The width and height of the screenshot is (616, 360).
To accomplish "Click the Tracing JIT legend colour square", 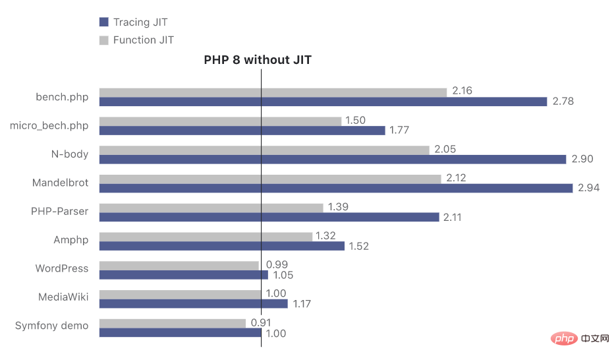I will point(103,22).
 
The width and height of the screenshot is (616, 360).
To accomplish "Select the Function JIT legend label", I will point(144,40).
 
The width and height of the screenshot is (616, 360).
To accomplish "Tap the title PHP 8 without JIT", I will point(258,60).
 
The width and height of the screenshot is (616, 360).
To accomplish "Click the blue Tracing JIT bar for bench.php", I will point(323,102).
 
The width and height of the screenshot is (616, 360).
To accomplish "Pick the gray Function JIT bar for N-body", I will point(264,150).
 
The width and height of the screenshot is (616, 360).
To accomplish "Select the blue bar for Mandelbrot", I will point(336,189).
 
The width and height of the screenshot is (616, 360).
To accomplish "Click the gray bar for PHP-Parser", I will point(211,208).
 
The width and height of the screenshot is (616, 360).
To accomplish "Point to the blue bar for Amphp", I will point(222,246).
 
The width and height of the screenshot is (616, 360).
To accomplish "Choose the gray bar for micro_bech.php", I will point(220,121).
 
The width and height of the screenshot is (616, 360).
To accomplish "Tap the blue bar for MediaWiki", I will point(194,304).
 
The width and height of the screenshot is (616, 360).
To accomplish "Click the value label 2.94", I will point(589,189).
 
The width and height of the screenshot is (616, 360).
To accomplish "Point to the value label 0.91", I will point(262,323).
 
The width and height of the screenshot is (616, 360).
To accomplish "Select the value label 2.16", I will point(462,91).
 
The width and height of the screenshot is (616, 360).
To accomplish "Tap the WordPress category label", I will point(62,268).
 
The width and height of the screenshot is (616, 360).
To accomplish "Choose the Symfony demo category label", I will point(51,326).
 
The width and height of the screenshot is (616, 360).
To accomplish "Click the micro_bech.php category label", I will point(49,125).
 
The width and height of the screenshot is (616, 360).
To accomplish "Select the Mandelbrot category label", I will point(60,183).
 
